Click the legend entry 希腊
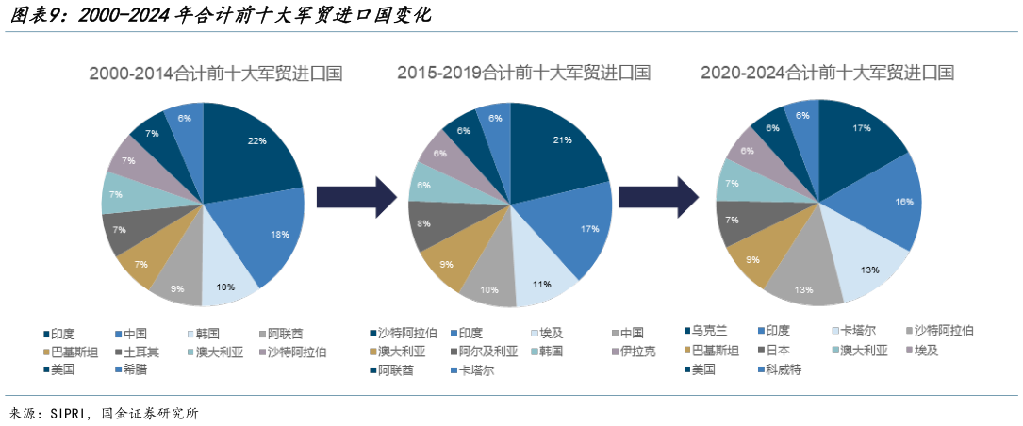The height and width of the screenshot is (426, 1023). coord(141,369)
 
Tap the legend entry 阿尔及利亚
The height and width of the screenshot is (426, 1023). coord(485,351)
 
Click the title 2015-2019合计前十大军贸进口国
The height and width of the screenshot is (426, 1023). coord(523,73)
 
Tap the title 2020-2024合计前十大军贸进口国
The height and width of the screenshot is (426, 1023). coord(827,73)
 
